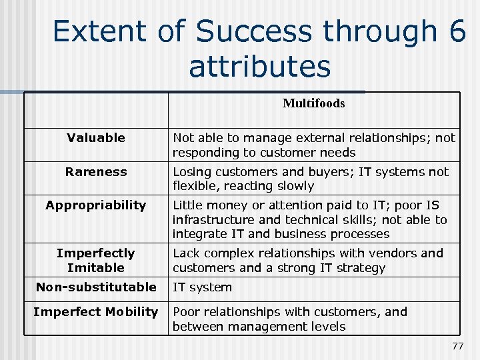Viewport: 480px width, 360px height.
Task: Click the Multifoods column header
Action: tap(313, 103)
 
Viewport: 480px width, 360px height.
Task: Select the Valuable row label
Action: tap(96, 138)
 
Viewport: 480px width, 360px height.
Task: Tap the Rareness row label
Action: tap(96, 171)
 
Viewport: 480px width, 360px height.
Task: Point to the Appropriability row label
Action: tap(96, 205)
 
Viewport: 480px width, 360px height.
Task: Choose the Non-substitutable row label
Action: tap(96, 287)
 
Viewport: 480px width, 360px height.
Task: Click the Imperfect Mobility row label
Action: tap(96, 311)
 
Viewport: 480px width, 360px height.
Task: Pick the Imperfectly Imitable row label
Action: tap(96, 260)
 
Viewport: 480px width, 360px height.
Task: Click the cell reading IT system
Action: tap(202, 287)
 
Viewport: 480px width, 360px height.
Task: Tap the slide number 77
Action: tap(457, 346)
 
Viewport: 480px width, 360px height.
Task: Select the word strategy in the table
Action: tap(360, 268)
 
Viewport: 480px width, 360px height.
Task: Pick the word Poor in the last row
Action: tap(186, 312)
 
